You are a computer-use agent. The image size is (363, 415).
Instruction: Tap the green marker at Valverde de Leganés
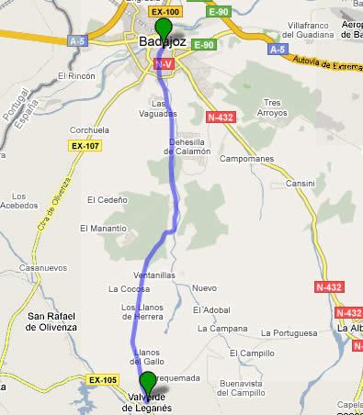tap(148, 384)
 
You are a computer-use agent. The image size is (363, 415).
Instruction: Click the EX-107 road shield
tap(83, 145)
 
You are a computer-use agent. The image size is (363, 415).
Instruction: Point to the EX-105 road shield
tap(103, 378)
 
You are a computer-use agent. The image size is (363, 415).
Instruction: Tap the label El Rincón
tap(75, 76)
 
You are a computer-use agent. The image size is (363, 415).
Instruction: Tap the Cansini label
tap(300, 184)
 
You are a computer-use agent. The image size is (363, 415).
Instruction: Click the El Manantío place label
tap(101, 228)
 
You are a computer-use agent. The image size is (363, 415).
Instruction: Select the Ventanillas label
tap(129, 275)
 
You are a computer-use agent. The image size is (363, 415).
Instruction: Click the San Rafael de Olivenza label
tap(42, 321)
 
